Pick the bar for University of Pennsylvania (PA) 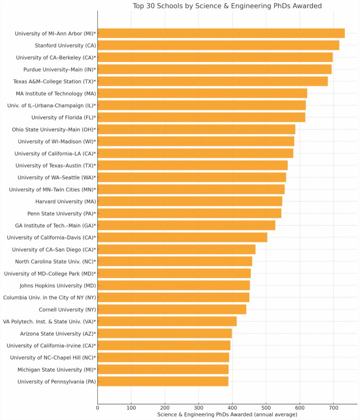pos(163,381)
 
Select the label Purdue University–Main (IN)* pos(60,69)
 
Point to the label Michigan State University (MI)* pos(57,369)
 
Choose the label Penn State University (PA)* pos(62,213)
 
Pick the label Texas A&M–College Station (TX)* pos(54,81)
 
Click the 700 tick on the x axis pos(333,408)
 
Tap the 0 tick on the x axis pos(97,408)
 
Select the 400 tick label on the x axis pos(232,408)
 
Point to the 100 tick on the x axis pos(131,408)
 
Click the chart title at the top pos(227,6)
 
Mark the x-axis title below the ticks pos(227,415)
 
